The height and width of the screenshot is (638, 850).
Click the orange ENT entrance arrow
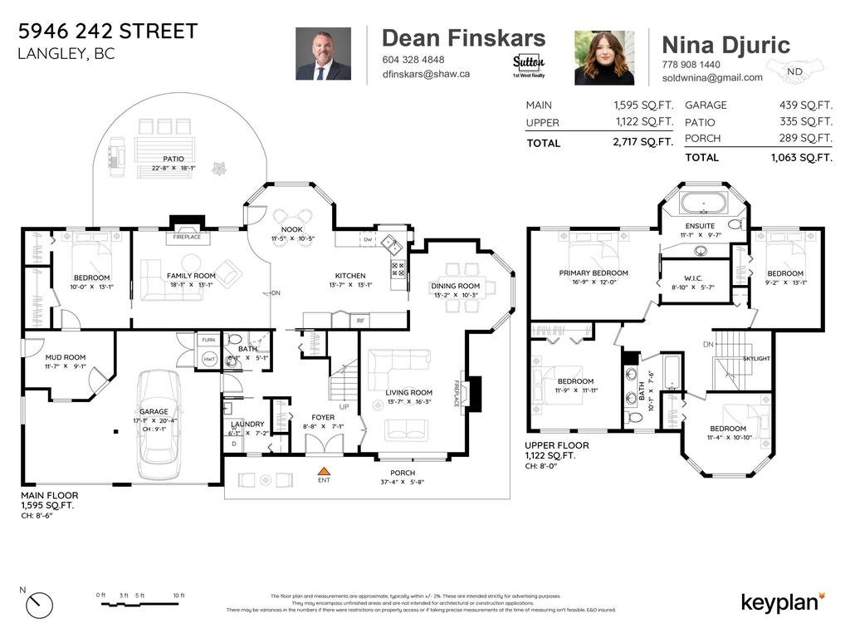324,471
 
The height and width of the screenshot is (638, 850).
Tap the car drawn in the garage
158,424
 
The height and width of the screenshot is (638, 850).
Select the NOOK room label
292,229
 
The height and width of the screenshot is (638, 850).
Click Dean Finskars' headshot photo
323,55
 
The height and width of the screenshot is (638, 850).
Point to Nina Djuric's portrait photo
604,57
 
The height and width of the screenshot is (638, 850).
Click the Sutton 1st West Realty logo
529,65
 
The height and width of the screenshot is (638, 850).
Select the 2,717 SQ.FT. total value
642,143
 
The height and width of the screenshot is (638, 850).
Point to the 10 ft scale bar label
178,596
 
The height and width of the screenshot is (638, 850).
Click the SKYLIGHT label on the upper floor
756,358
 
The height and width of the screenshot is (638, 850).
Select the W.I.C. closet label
694,277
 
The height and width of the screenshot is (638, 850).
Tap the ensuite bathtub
703,203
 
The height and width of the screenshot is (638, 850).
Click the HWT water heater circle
208,359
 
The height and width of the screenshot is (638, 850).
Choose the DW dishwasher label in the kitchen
367,239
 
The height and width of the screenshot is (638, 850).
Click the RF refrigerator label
360,320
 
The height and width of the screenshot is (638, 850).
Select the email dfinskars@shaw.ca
426,74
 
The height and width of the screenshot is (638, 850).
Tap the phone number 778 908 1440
691,65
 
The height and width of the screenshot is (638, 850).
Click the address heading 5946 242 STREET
108,32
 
